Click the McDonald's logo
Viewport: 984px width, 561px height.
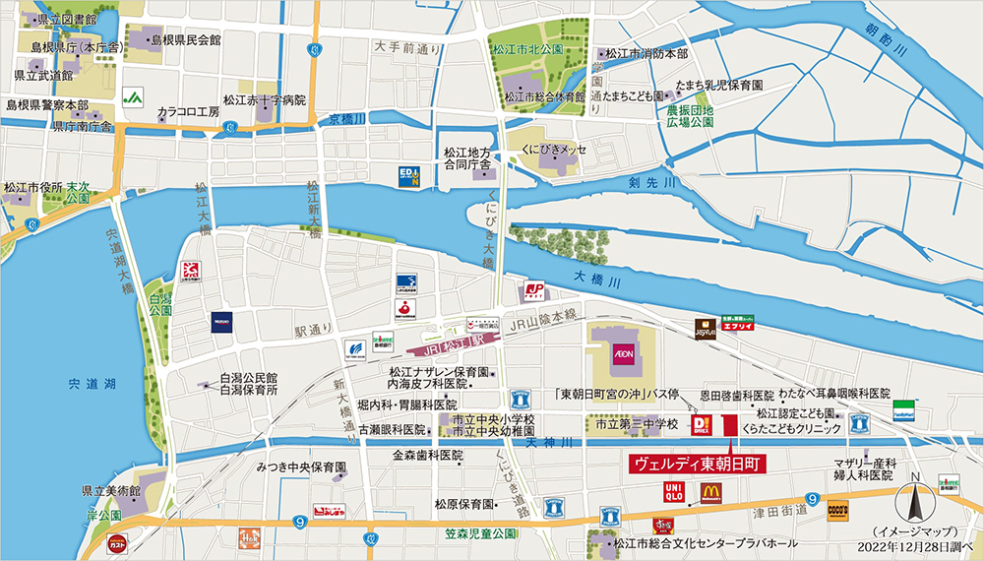[x=710, y=491]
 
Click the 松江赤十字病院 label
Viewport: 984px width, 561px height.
[x=265, y=100]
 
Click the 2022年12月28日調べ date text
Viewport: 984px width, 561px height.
[x=915, y=544]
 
